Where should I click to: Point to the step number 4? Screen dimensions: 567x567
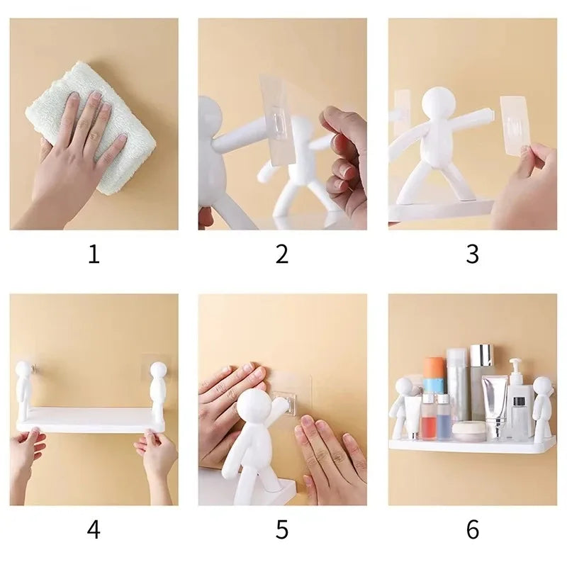pyautogui.click(x=94, y=529)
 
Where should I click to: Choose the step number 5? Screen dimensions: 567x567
pyautogui.click(x=282, y=529)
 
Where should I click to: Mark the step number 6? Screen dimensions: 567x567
pyautogui.click(x=472, y=529)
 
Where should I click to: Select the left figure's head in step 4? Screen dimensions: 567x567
pyautogui.click(x=25, y=371)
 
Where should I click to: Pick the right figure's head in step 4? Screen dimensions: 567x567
pyautogui.click(x=158, y=371)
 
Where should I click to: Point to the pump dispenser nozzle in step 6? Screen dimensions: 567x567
pyautogui.click(x=516, y=363)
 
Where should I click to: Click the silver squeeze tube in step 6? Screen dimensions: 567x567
pyautogui.click(x=495, y=400)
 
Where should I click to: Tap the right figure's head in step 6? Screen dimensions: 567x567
pyautogui.click(x=543, y=386)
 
